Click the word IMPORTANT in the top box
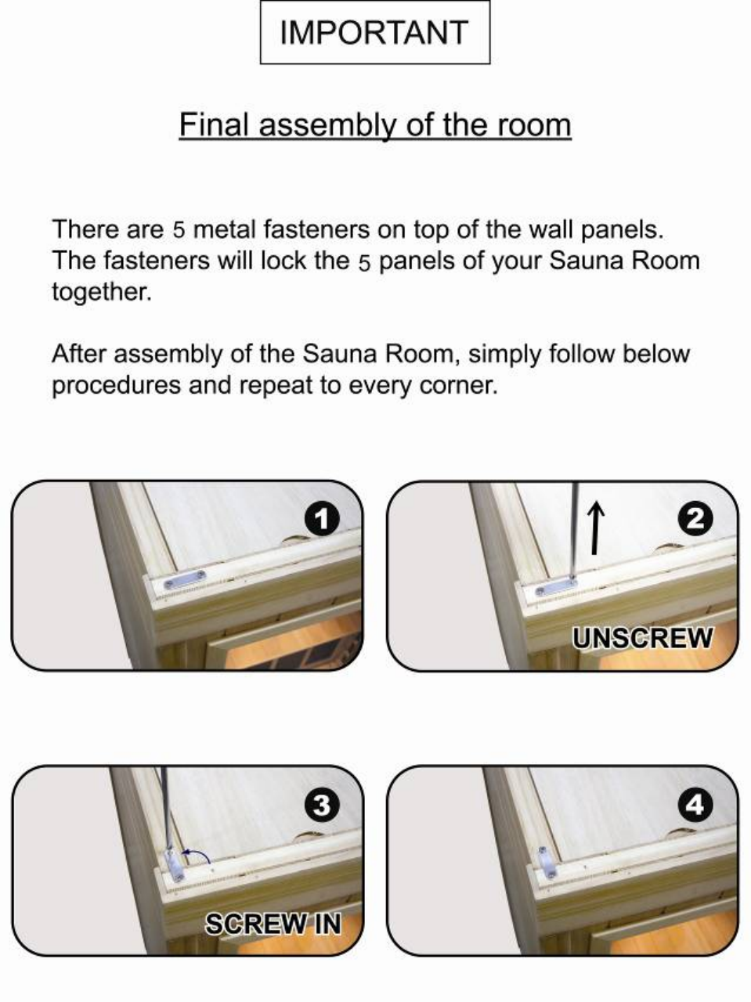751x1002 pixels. point(374,32)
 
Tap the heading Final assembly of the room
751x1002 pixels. point(375,124)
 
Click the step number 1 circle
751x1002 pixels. point(323,520)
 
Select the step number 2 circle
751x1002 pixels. point(695,520)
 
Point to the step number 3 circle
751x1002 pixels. point(323,805)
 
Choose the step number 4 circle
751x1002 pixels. point(695,805)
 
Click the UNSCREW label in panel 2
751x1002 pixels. point(643,638)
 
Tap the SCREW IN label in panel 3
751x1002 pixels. point(273,924)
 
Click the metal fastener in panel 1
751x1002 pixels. point(185,579)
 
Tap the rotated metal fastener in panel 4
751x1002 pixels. point(546,862)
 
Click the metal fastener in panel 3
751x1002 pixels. point(174,864)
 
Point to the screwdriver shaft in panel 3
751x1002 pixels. point(166,809)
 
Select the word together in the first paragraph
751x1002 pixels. point(101,292)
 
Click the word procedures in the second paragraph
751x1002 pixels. point(117,385)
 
